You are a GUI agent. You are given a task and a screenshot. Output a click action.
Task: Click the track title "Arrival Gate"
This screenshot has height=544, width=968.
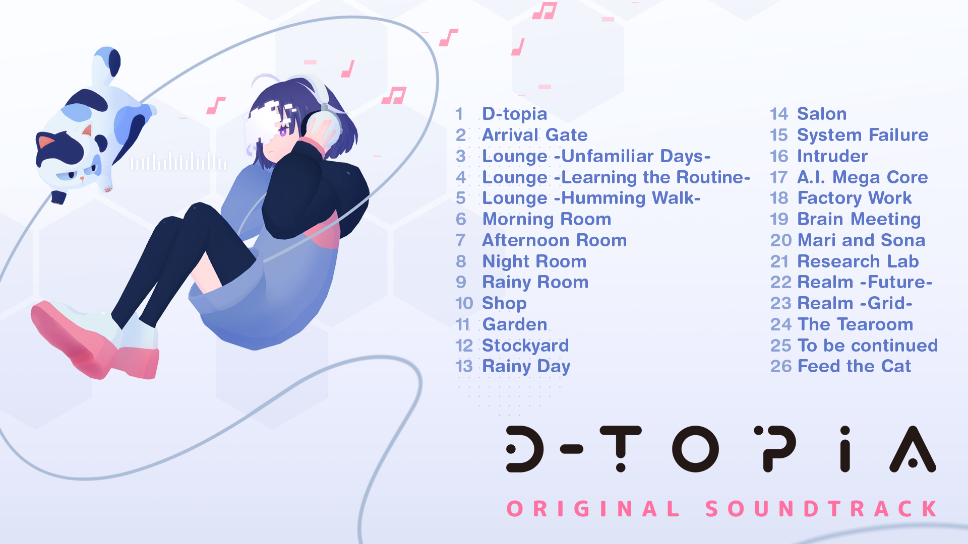click(x=534, y=135)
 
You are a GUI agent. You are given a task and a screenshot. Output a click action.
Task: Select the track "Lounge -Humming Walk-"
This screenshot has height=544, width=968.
click(x=591, y=198)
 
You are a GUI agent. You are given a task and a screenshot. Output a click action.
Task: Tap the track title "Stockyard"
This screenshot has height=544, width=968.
click(x=525, y=346)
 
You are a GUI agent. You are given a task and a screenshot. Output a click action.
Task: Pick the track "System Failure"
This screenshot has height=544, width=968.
click(x=863, y=135)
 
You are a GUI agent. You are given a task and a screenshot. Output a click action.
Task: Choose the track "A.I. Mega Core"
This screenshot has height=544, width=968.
click(x=862, y=177)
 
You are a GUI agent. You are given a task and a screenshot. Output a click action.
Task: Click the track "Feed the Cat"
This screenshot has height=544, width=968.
click(x=854, y=366)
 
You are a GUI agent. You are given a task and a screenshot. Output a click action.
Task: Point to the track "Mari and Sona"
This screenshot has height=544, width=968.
click(x=861, y=240)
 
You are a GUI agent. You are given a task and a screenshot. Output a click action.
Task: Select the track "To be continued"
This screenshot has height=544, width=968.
click(x=867, y=346)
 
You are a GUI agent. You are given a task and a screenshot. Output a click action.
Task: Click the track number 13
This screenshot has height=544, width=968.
click(x=464, y=366)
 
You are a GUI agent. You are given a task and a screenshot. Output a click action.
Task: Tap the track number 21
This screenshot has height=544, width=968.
click(x=779, y=261)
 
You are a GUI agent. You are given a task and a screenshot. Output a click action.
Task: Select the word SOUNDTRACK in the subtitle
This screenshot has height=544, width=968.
click(x=821, y=509)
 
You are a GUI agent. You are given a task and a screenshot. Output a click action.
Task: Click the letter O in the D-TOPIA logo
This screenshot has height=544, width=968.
click(x=695, y=448)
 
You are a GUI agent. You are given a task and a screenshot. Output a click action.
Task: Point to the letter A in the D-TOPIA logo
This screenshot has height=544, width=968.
click(x=913, y=449)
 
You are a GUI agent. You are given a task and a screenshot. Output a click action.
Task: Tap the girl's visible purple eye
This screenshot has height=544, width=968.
click(x=283, y=132)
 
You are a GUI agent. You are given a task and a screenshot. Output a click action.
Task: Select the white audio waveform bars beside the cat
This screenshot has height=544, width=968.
click(x=178, y=162)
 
